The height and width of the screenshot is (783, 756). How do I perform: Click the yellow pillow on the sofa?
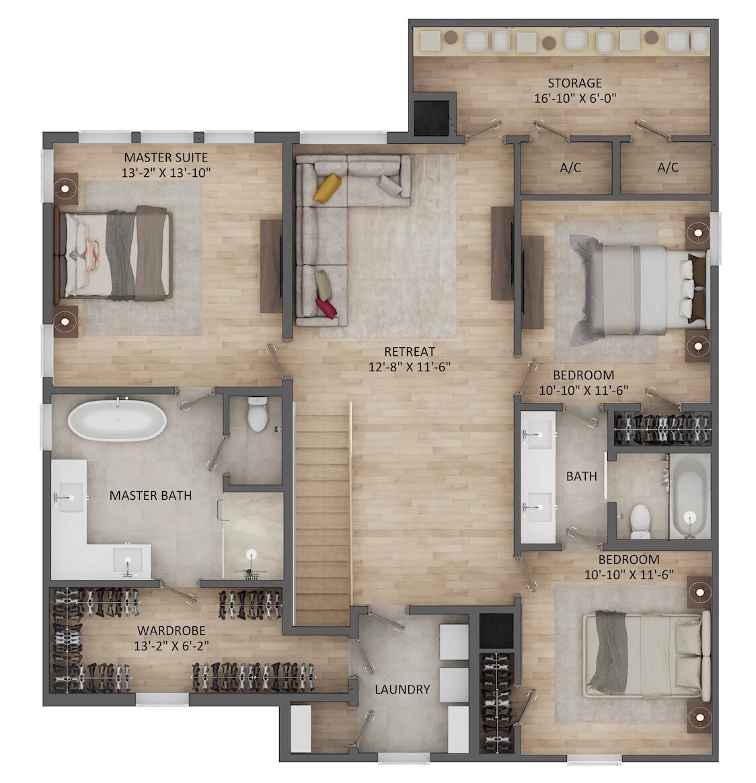click(327, 188)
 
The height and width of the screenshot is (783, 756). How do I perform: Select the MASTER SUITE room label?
click(165, 157)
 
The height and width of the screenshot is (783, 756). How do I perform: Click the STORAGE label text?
click(575, 83)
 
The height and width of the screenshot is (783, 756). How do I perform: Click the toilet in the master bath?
click(258, 414)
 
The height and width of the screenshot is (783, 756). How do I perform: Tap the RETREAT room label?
click(410, 352)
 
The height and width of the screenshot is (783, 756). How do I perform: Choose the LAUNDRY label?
click(402, 689)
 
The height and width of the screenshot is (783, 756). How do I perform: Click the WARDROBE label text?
click(172, 631)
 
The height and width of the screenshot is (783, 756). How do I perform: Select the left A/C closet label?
click(570, 167)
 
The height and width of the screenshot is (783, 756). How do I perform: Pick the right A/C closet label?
click(668, 167)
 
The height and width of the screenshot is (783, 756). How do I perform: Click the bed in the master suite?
click(114, 253)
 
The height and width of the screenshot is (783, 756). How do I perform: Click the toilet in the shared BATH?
click(640, 521)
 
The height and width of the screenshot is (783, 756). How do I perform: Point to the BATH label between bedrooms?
click(581, 476)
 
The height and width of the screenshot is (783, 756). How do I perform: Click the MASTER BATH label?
click(150, 495)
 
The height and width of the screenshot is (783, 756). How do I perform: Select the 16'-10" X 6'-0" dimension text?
click(575, 98)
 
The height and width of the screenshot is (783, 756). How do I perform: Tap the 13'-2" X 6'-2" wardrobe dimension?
click(172, 646)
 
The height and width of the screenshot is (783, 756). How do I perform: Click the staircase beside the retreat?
click(323, 513)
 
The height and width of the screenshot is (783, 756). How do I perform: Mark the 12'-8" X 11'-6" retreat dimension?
click(410, 367)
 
